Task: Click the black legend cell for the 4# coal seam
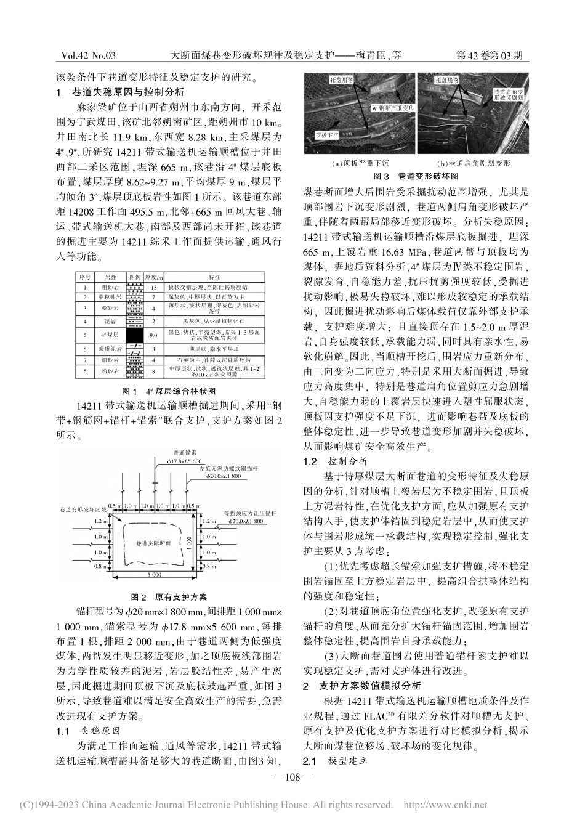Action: click(x=134, y=336)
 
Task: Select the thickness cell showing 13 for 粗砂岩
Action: click(x=153, y=287)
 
